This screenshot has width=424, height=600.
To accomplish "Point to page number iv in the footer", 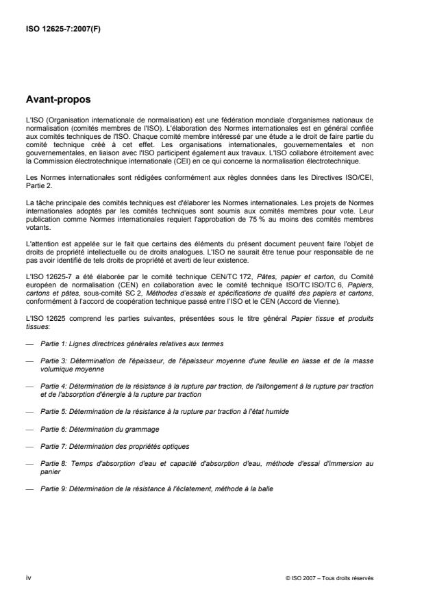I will [28, 578].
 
